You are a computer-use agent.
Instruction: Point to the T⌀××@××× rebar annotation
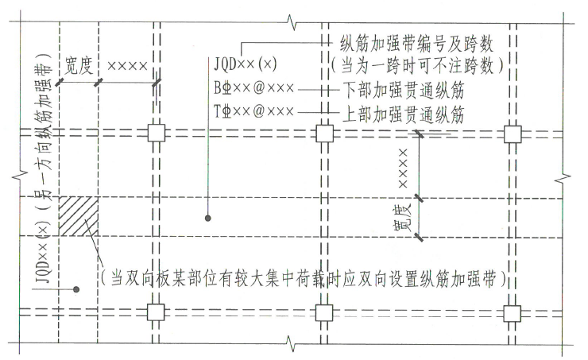click(x=252, y=111)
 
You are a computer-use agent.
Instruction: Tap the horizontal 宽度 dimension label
click(x=79, y=63)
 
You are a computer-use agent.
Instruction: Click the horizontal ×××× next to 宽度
click(x=127, y=64)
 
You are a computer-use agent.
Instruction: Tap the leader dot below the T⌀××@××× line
click(x=208, y=216)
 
